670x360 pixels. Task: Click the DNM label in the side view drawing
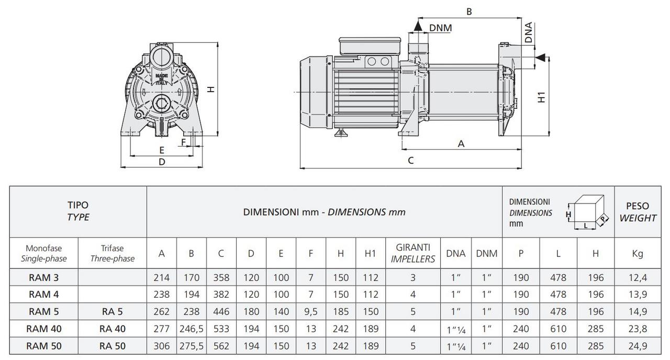440,28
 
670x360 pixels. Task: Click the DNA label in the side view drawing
529,32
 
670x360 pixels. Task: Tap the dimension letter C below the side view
411,161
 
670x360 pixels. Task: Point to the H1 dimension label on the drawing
542,97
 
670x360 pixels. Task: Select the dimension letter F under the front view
183,142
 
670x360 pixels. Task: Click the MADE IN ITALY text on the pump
162,79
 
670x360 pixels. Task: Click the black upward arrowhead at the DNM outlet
418,26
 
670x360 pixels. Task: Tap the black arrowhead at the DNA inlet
540,58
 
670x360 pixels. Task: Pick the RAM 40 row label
43,329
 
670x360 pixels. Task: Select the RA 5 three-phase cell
112,311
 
